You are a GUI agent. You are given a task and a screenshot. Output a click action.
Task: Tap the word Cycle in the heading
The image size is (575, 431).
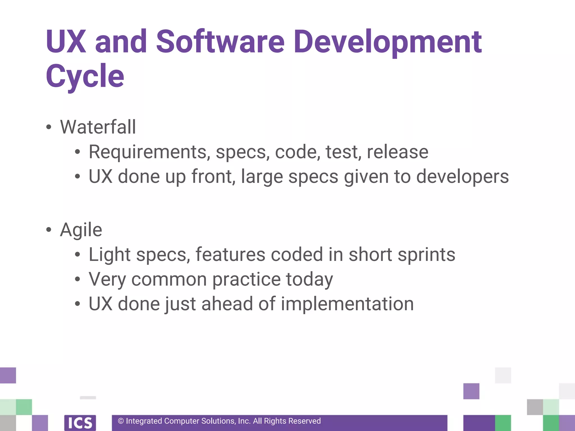tap(85, 76)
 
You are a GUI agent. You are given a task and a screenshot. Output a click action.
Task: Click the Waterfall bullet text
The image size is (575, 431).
tap(98, 127)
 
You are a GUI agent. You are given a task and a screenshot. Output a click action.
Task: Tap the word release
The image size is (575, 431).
tap(398, 152)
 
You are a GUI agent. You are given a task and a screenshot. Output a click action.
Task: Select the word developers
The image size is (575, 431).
tap(462, 177)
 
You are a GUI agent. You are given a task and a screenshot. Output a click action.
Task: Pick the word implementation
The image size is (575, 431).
tap(347, 304)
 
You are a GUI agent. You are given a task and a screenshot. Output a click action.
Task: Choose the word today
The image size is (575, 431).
tap(309, 279)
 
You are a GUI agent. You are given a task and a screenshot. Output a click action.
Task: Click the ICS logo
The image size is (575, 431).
tap(80, 423)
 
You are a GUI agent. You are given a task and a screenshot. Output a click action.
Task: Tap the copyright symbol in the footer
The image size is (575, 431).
tap(121, 421)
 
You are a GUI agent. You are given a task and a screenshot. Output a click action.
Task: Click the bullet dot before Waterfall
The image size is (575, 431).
tap(49, 127)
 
